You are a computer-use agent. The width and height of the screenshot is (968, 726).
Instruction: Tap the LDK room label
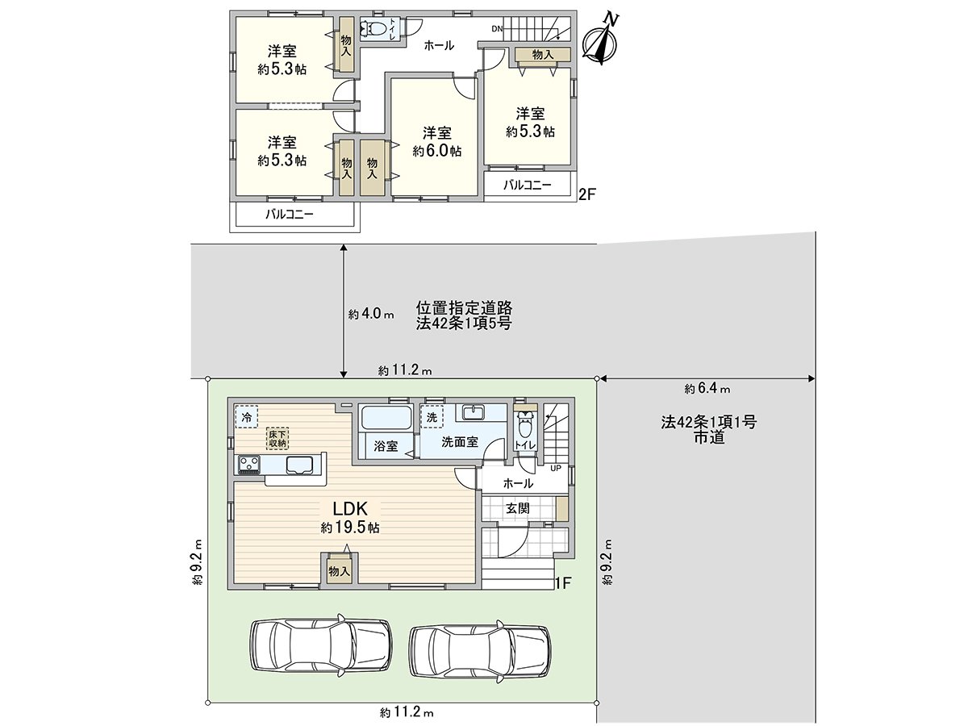tap(350, 508)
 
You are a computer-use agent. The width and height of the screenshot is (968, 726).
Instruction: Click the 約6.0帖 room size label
tap(436, 151)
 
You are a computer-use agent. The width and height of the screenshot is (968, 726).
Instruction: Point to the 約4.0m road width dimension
tap(371, 315)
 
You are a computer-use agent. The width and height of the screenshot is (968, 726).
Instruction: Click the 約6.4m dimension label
tap(707, 389)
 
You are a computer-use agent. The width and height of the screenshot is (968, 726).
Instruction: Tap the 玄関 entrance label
tap(517, 509)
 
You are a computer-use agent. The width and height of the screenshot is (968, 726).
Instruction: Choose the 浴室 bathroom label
tap(386, 445)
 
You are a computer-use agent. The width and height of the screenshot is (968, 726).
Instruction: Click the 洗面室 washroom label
tap(460, 443)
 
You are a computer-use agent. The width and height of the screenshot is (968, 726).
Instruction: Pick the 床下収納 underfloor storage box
tap(277, 438)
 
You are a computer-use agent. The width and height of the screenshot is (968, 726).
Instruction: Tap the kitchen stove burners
tap(248, 465)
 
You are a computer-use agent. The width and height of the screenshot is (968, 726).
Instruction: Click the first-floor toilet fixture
tap(524, 423)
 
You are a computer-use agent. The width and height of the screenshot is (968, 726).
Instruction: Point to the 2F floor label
tap(587, 194)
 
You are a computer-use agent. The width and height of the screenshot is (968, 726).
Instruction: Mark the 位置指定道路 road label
tap(464, 307)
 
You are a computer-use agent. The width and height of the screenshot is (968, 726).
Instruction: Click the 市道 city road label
tap(707, 437)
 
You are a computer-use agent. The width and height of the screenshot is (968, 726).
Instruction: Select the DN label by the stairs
tap(497, 30)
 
